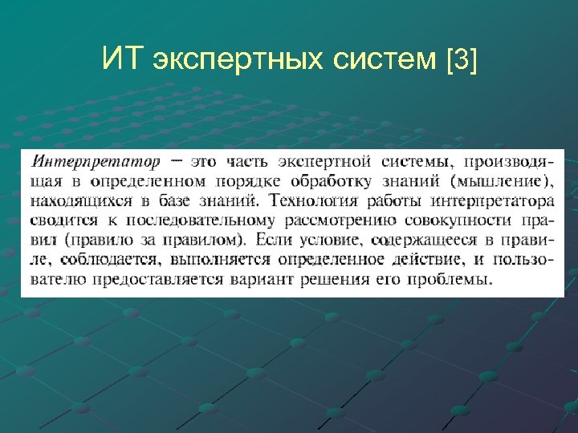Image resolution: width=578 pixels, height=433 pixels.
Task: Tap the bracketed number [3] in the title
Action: [460, 59]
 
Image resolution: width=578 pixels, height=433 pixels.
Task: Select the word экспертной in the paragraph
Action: [344, 161]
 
